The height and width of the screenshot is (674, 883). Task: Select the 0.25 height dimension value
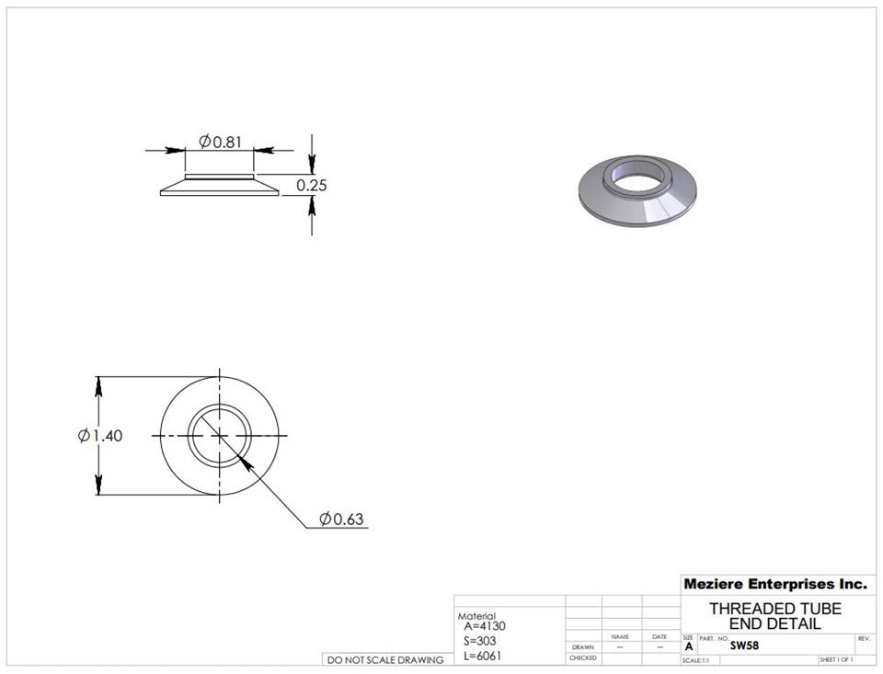[x=312, y=186]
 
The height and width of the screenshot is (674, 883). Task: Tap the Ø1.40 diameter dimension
[x=100, y=436]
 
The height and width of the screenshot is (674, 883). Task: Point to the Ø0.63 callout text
[x=341, y=520]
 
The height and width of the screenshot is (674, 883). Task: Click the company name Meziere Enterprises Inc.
[x=774, y=584]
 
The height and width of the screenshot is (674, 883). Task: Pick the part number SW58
[x=744, y=645]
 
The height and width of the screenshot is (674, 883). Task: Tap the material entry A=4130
[x=485, y=626]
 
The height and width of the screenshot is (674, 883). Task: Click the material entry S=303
[x=481, y=641]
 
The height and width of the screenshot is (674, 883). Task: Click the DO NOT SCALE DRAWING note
[x=385, y=659]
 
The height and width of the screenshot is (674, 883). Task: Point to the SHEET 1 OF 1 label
[x=836, y=660]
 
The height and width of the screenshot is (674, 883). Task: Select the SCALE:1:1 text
[x=695, y=660]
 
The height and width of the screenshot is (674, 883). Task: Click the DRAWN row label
[x=583, y=646]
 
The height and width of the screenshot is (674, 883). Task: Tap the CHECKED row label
[x=583, y=658]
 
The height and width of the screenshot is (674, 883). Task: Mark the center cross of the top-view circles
[x=220, y=436]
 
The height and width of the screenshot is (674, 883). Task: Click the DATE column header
[x=659, y=636]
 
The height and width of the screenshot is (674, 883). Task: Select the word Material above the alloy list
[x=476, y=616]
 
